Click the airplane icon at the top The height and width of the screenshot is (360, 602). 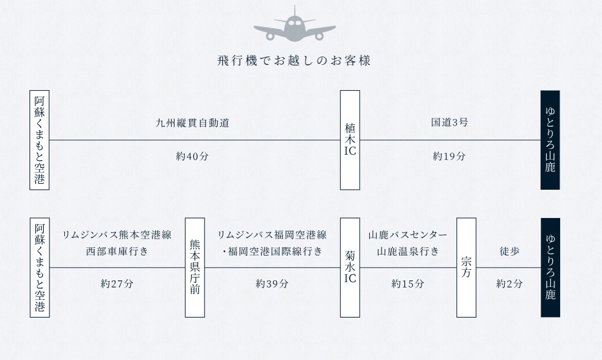[x=294, y=25]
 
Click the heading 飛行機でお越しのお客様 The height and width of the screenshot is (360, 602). [x=294, y=61]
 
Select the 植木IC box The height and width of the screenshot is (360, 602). [x=350, y=140]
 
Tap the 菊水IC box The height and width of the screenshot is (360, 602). [x=350, y=267]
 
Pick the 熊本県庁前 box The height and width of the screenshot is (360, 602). [x=195, y=267]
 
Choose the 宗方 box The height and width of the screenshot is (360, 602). [x=466, y=267]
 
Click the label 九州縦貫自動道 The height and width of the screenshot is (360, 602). [x=192, y=123]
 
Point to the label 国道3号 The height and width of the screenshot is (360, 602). [x=449, y=123]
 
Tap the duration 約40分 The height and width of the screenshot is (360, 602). [x=192, y=157]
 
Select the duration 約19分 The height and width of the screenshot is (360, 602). [x=449, y=157]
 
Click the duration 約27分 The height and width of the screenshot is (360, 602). [x=117, y=284]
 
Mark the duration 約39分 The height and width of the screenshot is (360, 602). [x=272, y=284]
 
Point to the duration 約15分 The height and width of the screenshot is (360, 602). [x=408, y=284]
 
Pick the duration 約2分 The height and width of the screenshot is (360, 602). [x=509, y=284]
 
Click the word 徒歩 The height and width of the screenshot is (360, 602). [x=509, y=252]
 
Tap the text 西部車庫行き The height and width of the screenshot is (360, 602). [x=117, y=252]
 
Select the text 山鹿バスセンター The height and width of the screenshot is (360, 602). [x=408, y=235]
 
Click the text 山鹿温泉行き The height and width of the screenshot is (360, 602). [x=408, y=252]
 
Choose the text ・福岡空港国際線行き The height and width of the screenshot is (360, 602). [x=272, y=252]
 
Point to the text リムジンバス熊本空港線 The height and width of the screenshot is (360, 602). [x=117, y=235]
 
